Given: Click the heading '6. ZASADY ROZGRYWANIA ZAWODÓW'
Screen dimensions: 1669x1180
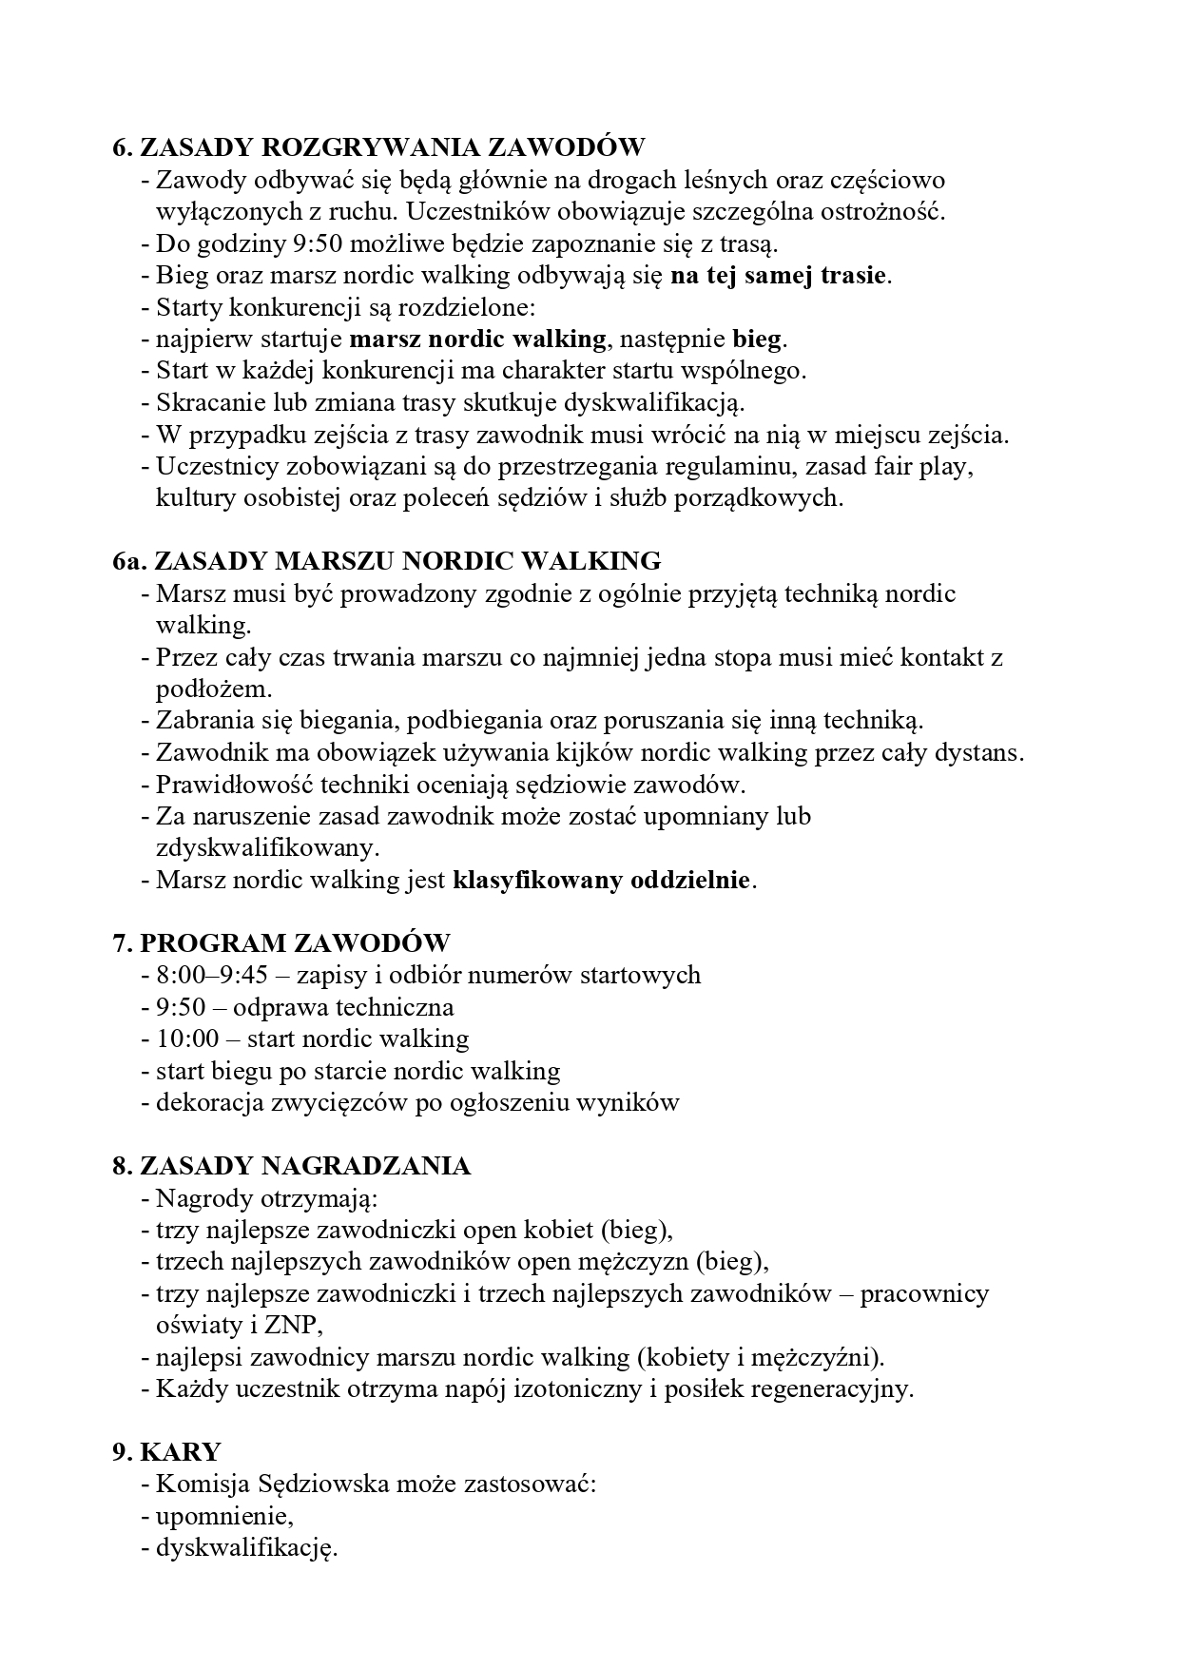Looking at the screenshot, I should click(378, 147).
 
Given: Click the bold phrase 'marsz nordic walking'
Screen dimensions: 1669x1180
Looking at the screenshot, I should click(477, 340).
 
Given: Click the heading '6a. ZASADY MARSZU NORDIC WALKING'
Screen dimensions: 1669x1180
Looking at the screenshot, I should click(386, 560).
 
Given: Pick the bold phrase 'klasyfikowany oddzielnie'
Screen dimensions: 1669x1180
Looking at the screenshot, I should click(602, 880).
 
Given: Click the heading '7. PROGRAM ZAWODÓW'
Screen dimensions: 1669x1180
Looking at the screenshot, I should click(281, 943).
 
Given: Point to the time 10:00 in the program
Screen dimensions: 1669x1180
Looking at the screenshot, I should click(187, 1038).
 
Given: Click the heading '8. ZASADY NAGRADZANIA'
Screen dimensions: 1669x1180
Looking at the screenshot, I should click(291, 1166).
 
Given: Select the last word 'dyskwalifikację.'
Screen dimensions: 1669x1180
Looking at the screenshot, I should click(247, 1548).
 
